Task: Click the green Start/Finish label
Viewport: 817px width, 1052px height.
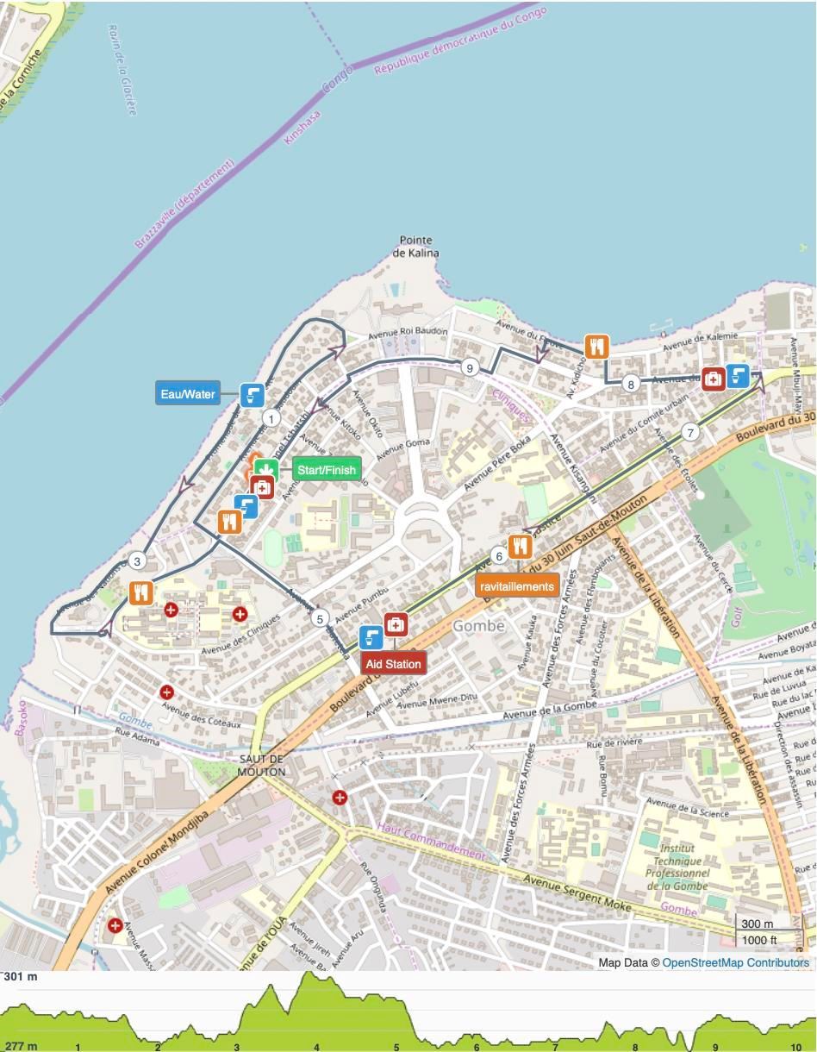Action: pyautogui.click(x=326, y=470)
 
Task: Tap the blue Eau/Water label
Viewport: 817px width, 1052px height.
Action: pyautogui.click(x=187, y=394)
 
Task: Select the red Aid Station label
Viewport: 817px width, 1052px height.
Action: pyautogui.click(x=393, y=664)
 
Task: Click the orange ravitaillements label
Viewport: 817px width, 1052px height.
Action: pyautogui.click(x=517, y=586)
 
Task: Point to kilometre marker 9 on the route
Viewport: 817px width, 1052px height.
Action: pyautogui.click(x=469, y=367)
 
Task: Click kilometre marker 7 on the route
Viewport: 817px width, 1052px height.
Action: pyautogui.click(x=689, y=433)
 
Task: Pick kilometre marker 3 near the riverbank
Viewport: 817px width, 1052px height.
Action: pyautogui.click(x=137, y=561)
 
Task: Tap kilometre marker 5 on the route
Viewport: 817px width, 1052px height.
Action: pyautogui.click(x=320, y=618)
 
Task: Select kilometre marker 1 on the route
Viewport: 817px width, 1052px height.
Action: pyautogui.click(x=271, y=419)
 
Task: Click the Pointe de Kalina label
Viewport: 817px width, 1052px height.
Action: pyautogui.click(x=415, y=247)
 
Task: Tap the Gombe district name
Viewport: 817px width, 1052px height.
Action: pyautogui.click(x=478, y=626)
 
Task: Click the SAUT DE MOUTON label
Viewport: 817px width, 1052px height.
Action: pyautogui.click(x=261, y=765)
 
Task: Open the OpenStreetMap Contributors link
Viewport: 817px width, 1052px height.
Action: pyautogui.click(x=735, y=962)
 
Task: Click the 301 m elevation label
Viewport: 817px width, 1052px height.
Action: pyautogui.click(x=21, y=977)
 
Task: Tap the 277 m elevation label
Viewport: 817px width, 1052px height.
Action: pyautogui.click(x=21, y=1046)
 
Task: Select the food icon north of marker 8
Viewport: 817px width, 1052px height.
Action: pyautogui.click(x=596, y=347)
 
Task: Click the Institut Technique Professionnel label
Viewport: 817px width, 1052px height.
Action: pyautogui.click(x=677, y=861)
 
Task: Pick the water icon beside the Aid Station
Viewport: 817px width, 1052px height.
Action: pyautogui.click(x=371, y=637)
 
